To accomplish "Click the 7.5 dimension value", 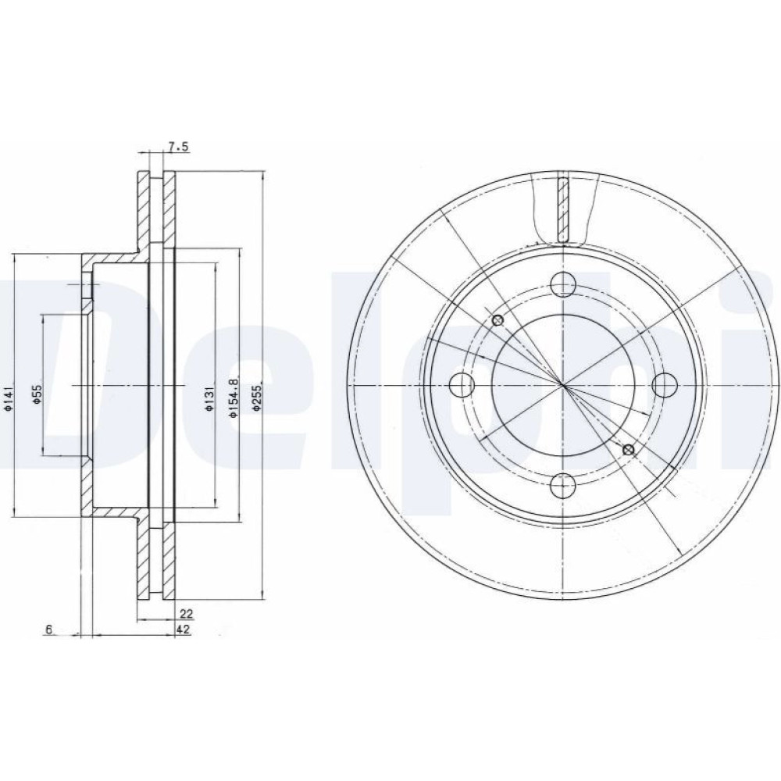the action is point(179,147).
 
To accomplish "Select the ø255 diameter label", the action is point(256,398).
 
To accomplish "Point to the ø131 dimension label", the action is point(209,398).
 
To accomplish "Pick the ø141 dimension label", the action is point(8,398).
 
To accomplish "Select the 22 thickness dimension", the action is point(187,614).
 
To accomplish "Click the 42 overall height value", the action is point(183,629).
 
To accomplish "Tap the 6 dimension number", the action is point(48,629).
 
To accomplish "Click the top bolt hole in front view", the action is point(563,285).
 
